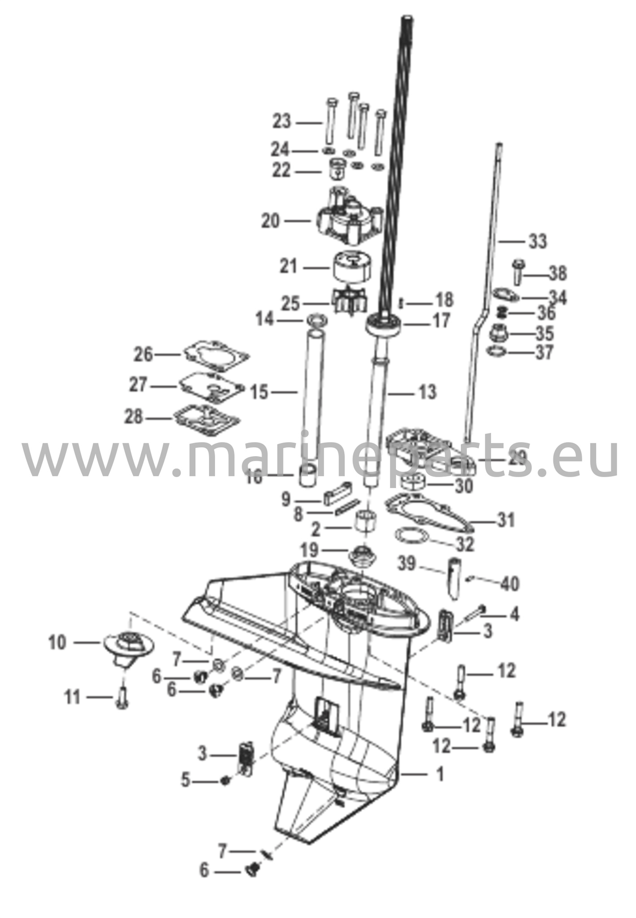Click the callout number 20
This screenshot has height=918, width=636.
(270, 221)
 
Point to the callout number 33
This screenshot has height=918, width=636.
(538, 241)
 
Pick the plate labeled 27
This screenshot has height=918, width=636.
(211, 385)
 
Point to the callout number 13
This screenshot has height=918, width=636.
(427, 392)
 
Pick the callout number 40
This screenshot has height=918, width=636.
(510, 584)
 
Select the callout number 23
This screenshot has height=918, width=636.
(282, 121)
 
